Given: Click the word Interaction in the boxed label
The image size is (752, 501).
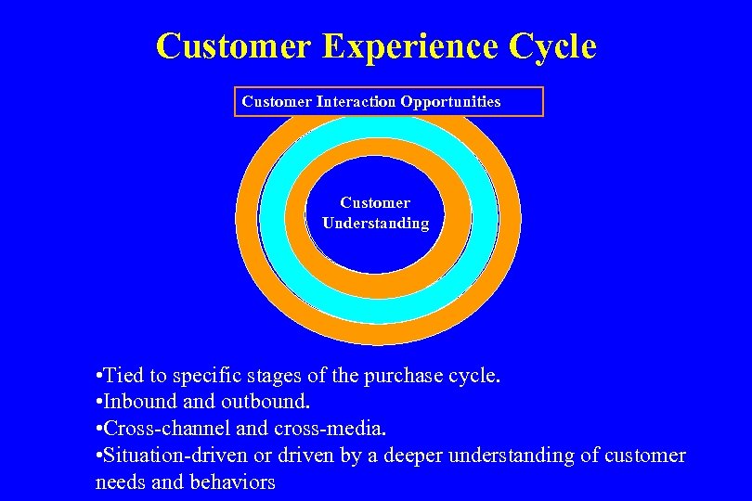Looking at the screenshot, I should tap(357, 101).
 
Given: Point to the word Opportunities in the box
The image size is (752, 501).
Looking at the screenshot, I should tap(451, 102).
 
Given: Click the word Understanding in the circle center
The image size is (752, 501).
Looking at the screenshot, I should tap(375, 224).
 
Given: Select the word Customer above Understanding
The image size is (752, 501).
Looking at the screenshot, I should tap(375, 202).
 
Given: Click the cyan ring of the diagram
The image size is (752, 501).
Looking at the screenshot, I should tap(274, 223).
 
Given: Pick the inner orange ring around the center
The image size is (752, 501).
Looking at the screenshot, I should tap(296, 223).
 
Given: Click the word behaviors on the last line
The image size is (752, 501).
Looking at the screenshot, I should tap(233, 482).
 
